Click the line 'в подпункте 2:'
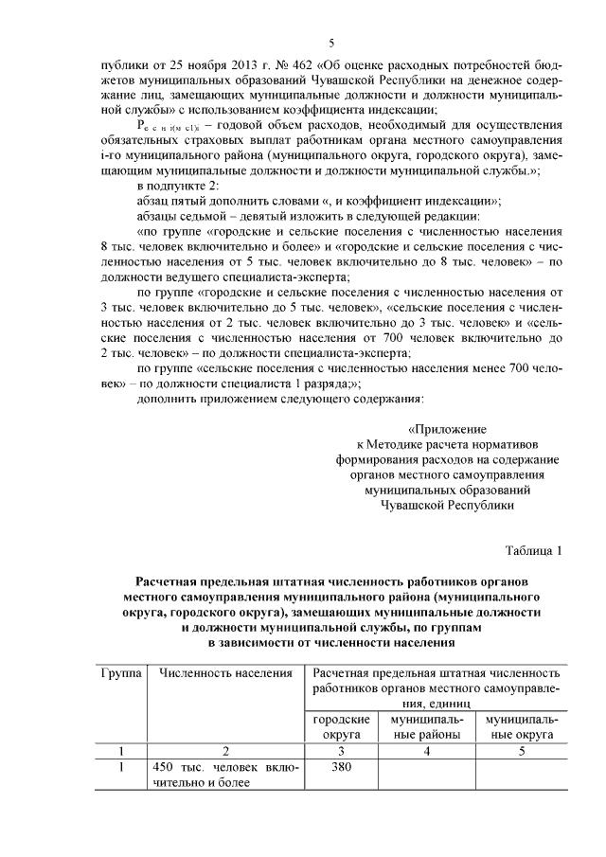click(178, 186)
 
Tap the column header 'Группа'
click(121, 672)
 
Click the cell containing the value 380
click(340, 769)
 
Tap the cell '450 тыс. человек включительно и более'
click(224, 776)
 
